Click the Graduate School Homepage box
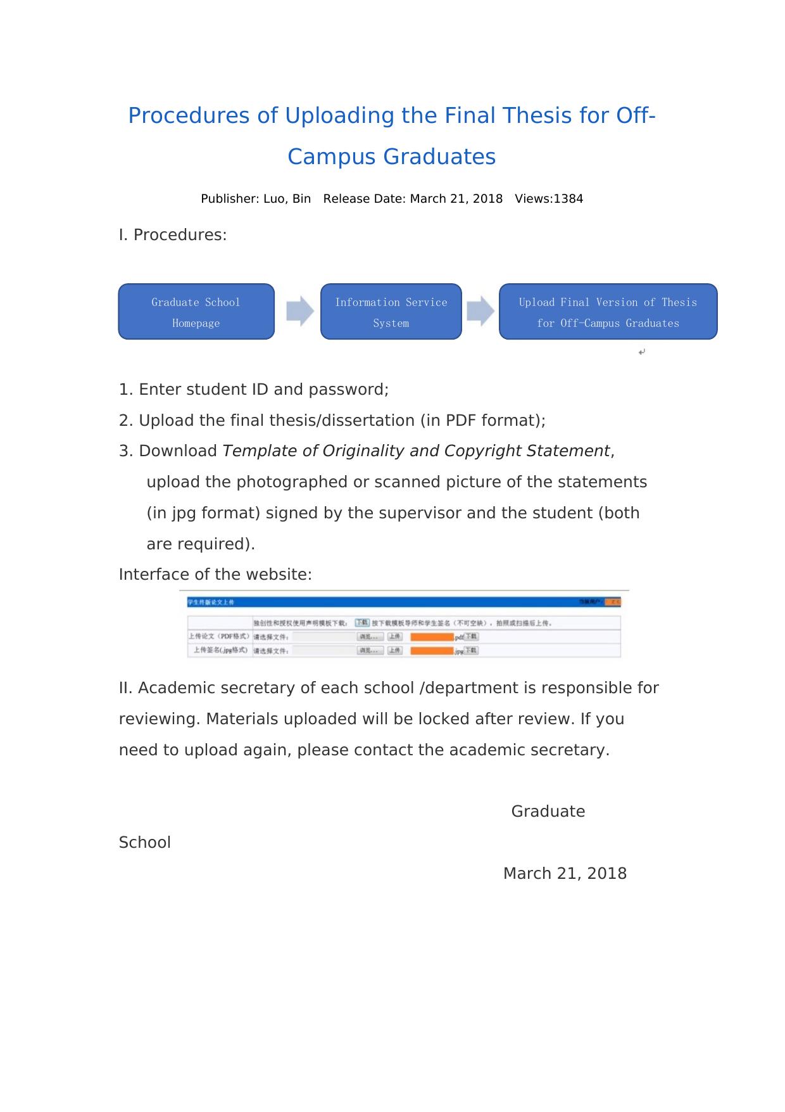tap(196, 312)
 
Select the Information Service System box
tap(391, 312)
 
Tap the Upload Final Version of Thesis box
tap(608, 312)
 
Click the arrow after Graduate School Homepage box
tap(300, 311)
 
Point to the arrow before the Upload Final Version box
tap(480, 311)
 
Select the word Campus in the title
tap(332, 157)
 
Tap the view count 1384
tap(568, 199)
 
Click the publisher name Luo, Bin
tap(287, 199)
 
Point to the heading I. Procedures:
tap(173, 235)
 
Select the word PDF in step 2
tap(461, 421)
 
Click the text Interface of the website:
tap(215, 575)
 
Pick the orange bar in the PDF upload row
tap(432, 637)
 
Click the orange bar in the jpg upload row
tap(432, 651)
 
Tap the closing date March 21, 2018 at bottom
tap(565, 874)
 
